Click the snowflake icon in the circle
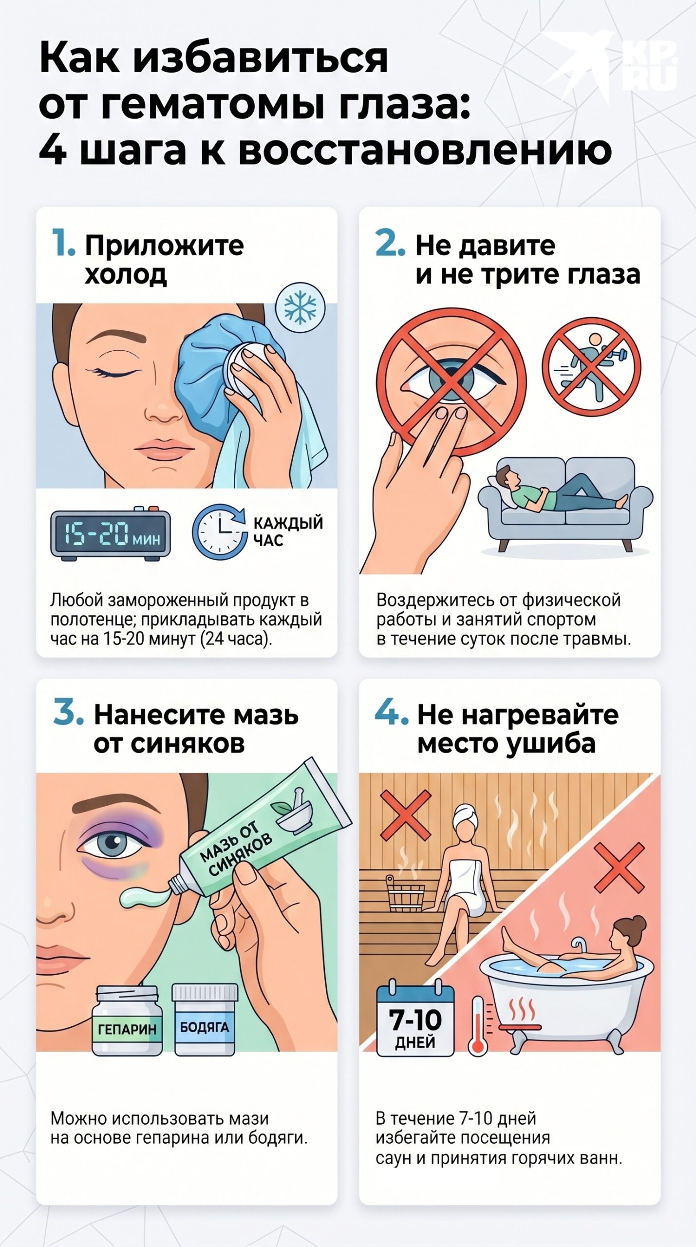tap(300, 308)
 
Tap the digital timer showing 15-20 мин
tap(111, 533)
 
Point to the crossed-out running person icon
tap(592, 367)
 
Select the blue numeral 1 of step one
tap(63, 242)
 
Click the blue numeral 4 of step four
tap(391, 713)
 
